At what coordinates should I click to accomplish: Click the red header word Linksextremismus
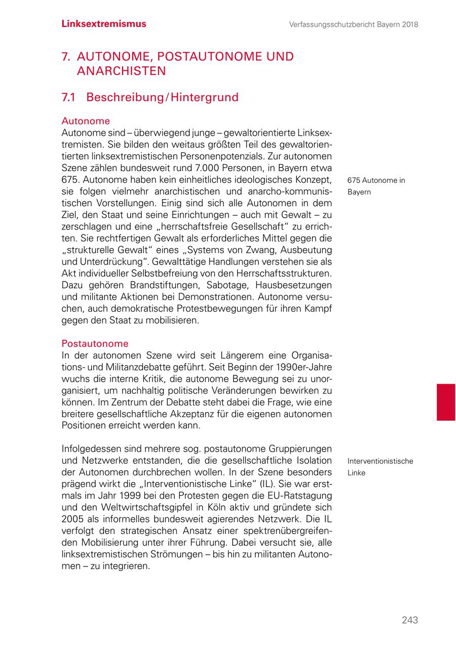pos(104,24)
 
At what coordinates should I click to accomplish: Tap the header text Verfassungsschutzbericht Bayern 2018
pos(354,24)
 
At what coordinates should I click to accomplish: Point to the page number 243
pos(410,620)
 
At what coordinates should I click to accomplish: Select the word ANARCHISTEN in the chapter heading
pos(121,71)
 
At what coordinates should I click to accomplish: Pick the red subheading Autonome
pos(86,121)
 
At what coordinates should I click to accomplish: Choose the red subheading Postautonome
pos(95,344)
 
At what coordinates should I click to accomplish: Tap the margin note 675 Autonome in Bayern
pos(376,186)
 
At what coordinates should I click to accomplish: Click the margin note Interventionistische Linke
pos(380,467)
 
